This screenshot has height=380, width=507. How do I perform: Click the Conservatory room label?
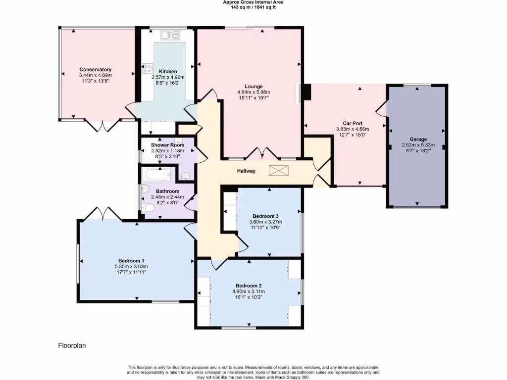(96, 69)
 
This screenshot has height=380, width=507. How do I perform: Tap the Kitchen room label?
(168, 71)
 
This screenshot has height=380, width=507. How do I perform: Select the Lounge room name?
(253, 86)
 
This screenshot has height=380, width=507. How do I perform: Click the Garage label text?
(418, 139)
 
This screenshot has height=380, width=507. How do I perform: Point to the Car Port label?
(353, 123)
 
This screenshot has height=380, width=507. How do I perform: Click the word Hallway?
(246, 171)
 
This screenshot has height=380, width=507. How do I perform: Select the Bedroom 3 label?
(265, 216)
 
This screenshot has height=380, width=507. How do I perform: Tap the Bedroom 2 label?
(249, 285)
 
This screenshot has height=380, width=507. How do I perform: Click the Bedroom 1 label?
(131, 261)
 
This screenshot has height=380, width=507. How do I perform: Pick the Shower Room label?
(167, 145)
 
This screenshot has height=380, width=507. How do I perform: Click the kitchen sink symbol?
(170, 35)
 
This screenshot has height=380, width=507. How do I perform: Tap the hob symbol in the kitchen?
(148, 68)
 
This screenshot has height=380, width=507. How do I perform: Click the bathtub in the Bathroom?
(158, 174)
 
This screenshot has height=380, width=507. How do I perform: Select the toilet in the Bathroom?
(148, 207)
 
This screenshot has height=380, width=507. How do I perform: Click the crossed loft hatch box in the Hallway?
(278, 171)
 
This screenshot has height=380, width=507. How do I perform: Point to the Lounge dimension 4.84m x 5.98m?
(253, 92)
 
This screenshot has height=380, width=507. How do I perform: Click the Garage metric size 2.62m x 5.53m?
(418, 145)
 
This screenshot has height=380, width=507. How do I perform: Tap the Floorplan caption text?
(72, 345)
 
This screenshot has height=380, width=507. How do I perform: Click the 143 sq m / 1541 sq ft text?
(253, 7)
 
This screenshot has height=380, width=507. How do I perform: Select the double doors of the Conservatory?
(102, 125)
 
